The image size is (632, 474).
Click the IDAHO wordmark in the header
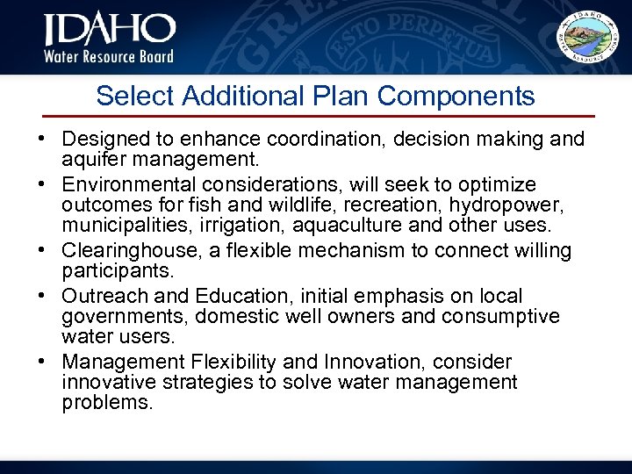pos(110,32)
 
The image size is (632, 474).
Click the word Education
pos(197,296)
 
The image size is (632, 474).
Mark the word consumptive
pos(509,316)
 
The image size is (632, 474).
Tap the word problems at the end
pos(108,404)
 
